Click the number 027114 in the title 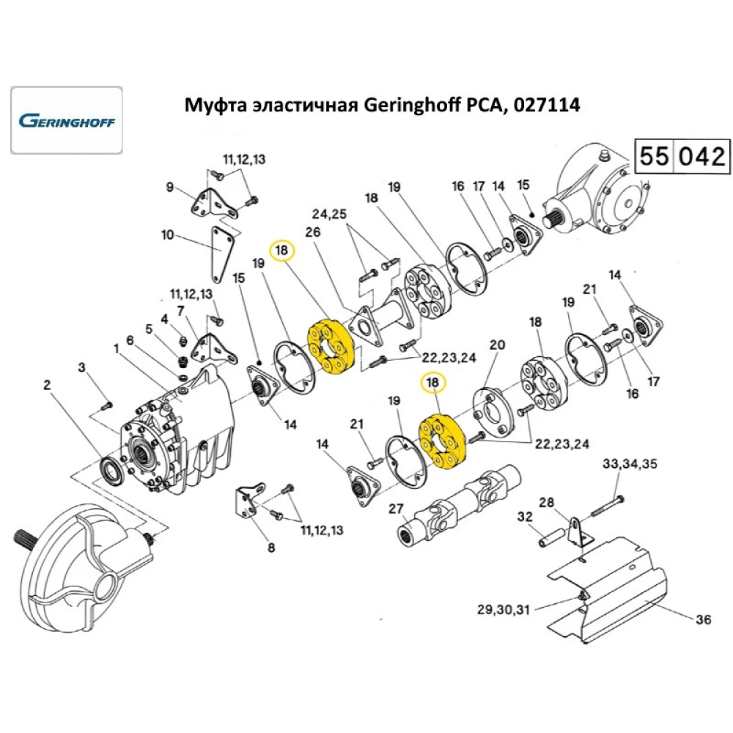542,106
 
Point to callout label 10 168,235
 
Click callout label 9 170,188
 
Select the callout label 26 313,232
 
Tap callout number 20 497,345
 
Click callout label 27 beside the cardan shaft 396,508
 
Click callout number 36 703,620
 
